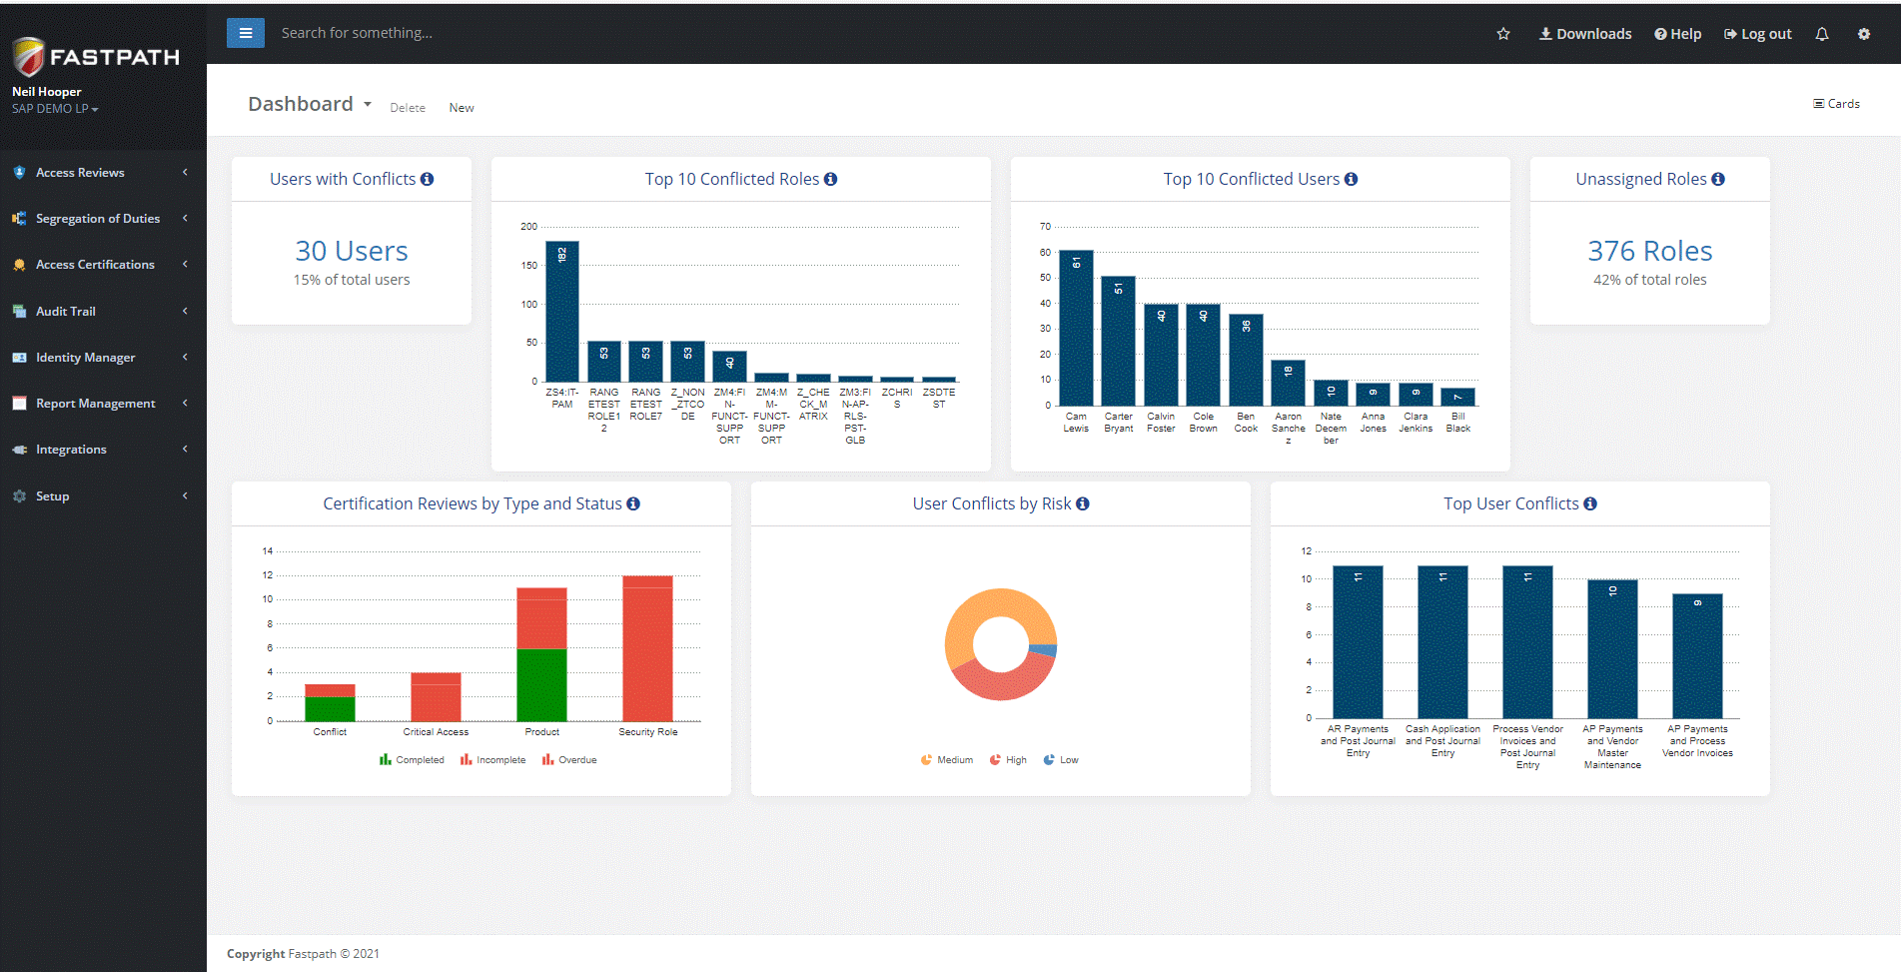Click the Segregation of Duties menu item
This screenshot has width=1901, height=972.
[97, 219]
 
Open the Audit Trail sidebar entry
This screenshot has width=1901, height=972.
[66, 312]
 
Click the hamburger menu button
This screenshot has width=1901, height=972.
[246, 33]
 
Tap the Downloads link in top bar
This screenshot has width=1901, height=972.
[1585, 34]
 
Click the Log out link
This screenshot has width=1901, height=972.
[1758, 34]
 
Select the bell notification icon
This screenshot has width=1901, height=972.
[1822, 34]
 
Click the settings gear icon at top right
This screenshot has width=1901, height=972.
[1864, 34]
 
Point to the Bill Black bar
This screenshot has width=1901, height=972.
[1458, 397]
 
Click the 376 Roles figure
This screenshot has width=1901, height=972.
[1649, 251]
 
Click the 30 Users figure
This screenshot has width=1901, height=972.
[352, 251]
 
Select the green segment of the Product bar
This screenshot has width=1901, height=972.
[541, 684]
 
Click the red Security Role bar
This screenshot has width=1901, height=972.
[647, 649]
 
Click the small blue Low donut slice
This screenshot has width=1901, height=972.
[1045, 650]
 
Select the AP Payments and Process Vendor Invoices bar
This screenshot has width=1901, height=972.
[1697, 656]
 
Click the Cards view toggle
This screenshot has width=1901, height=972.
[1836, 104]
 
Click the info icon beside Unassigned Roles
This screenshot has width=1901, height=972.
[1718, 179]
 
